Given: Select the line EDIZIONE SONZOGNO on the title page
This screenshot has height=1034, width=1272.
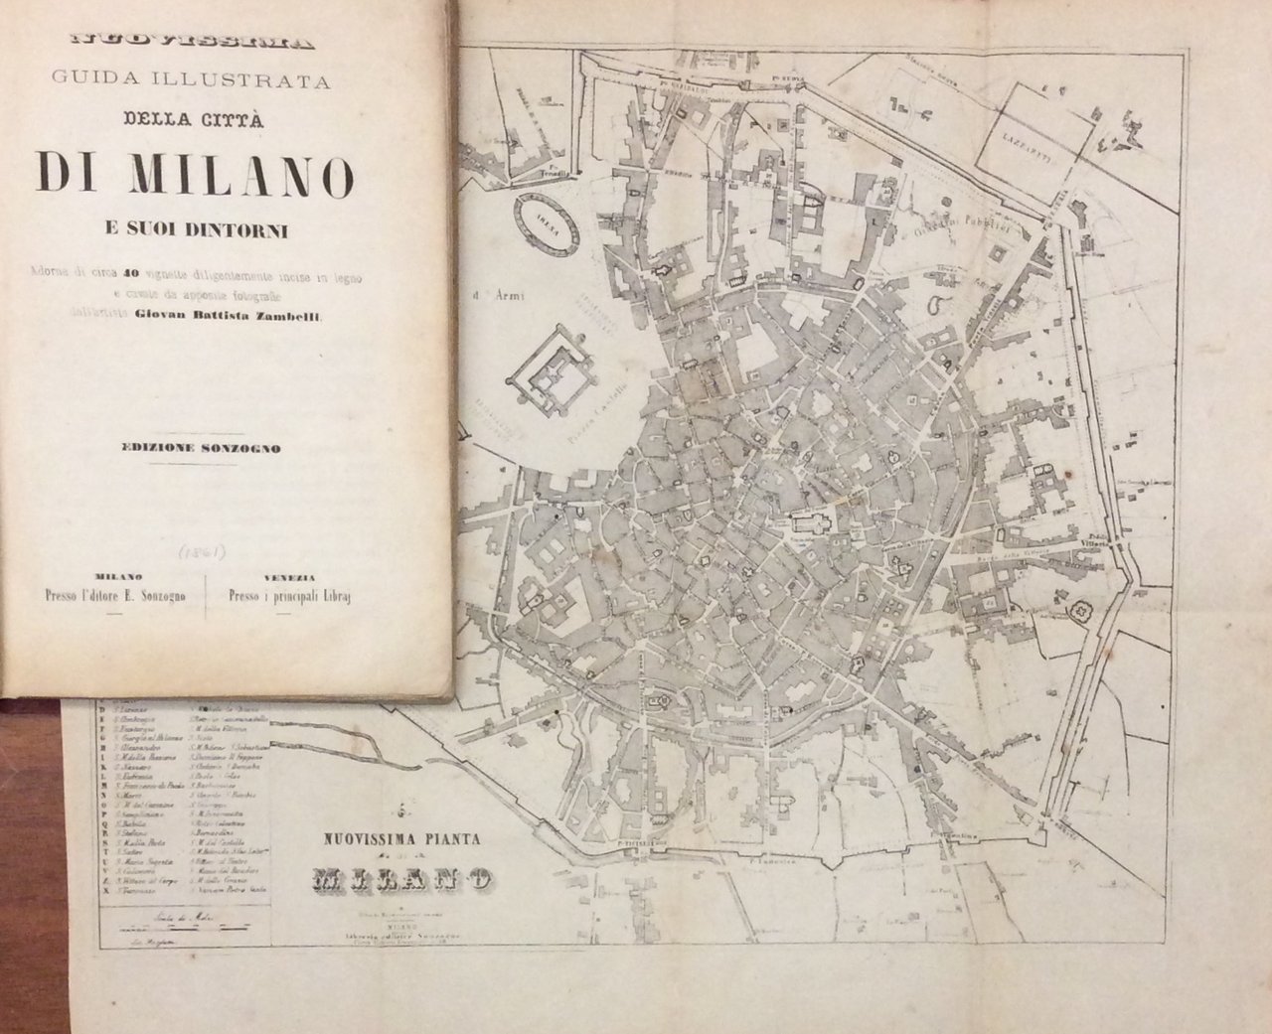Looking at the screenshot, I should click(195, 448).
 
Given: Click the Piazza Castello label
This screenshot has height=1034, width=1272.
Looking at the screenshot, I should click(615, 396).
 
